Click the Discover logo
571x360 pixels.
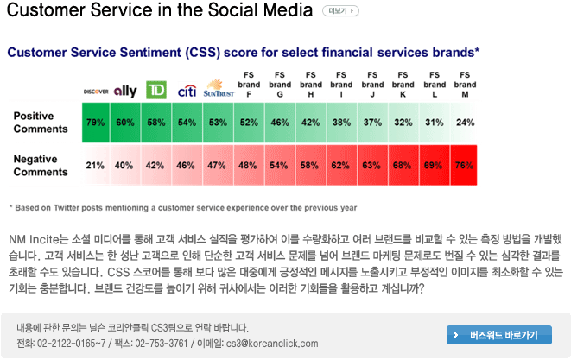pos(96,92)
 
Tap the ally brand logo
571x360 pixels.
pos(125,91)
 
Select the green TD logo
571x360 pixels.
pos(156,90)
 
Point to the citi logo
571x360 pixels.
pos(187,91)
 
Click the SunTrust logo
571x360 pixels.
pos(219,88)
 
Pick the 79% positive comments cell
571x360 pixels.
pos(95,123)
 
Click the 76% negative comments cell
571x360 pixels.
pos(464,165)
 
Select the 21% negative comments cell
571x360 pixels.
pos(95,165)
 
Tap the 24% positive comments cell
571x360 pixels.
pos(465,123)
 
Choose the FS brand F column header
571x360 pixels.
pos(249,85)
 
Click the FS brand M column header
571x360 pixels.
pos(465,85)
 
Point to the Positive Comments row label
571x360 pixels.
pos(41,123)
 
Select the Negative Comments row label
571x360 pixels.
pos(41,165)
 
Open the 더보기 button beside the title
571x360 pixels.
pos(340,11)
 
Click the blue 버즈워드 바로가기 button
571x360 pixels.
pos(499,335)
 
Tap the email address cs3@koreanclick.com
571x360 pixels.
pos(272,344)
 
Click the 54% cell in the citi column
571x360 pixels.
pos(187,123)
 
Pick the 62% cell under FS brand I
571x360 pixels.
pos(340,165)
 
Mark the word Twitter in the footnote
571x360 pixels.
pos(66,208)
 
